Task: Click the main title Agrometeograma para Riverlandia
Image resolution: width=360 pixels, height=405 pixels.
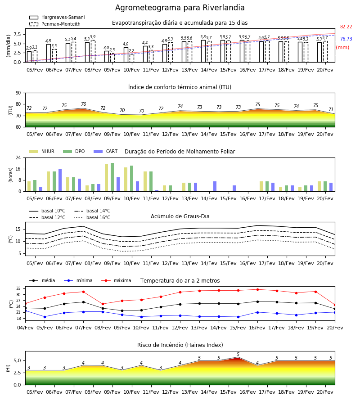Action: (x=180, y=8)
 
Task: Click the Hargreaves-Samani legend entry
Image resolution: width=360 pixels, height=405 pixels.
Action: (x=57, y=17)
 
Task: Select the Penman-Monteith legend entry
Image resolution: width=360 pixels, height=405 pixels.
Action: (x=55, y=24)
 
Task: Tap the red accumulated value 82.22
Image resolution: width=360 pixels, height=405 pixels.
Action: (x=346, y=27)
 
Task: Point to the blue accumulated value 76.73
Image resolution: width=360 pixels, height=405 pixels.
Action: (x=346, y=39)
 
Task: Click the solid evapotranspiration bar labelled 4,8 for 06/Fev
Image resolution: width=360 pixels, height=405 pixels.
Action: (x=49, y=53)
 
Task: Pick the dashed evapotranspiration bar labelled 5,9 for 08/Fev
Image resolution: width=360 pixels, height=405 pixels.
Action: (x=93, y=51)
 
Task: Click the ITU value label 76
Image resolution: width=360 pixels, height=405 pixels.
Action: (x=83, y=104)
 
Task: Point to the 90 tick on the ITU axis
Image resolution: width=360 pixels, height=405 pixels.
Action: (x=18, y=93)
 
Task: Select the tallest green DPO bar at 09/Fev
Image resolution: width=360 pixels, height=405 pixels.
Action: (x=112, y=177)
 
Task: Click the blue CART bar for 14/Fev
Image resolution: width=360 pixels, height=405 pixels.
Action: (x=215, y=186)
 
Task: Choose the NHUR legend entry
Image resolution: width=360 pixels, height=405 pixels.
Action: (x=42, y=151)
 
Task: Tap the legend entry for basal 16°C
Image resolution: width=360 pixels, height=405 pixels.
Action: (x=92, y=217)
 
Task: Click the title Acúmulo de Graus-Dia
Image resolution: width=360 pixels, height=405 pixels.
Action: (x=180, y=216)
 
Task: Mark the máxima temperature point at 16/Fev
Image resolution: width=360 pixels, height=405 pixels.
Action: (x=257, y=289)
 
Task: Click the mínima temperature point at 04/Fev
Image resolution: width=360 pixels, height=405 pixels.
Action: (x=26, y=310)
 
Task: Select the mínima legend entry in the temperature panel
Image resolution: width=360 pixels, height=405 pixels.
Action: (x=78, y=280)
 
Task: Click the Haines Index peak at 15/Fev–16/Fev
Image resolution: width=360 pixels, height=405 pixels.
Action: (x=238, y=357)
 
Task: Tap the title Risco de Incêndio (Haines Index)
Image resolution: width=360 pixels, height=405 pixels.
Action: (x=180, y=345)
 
